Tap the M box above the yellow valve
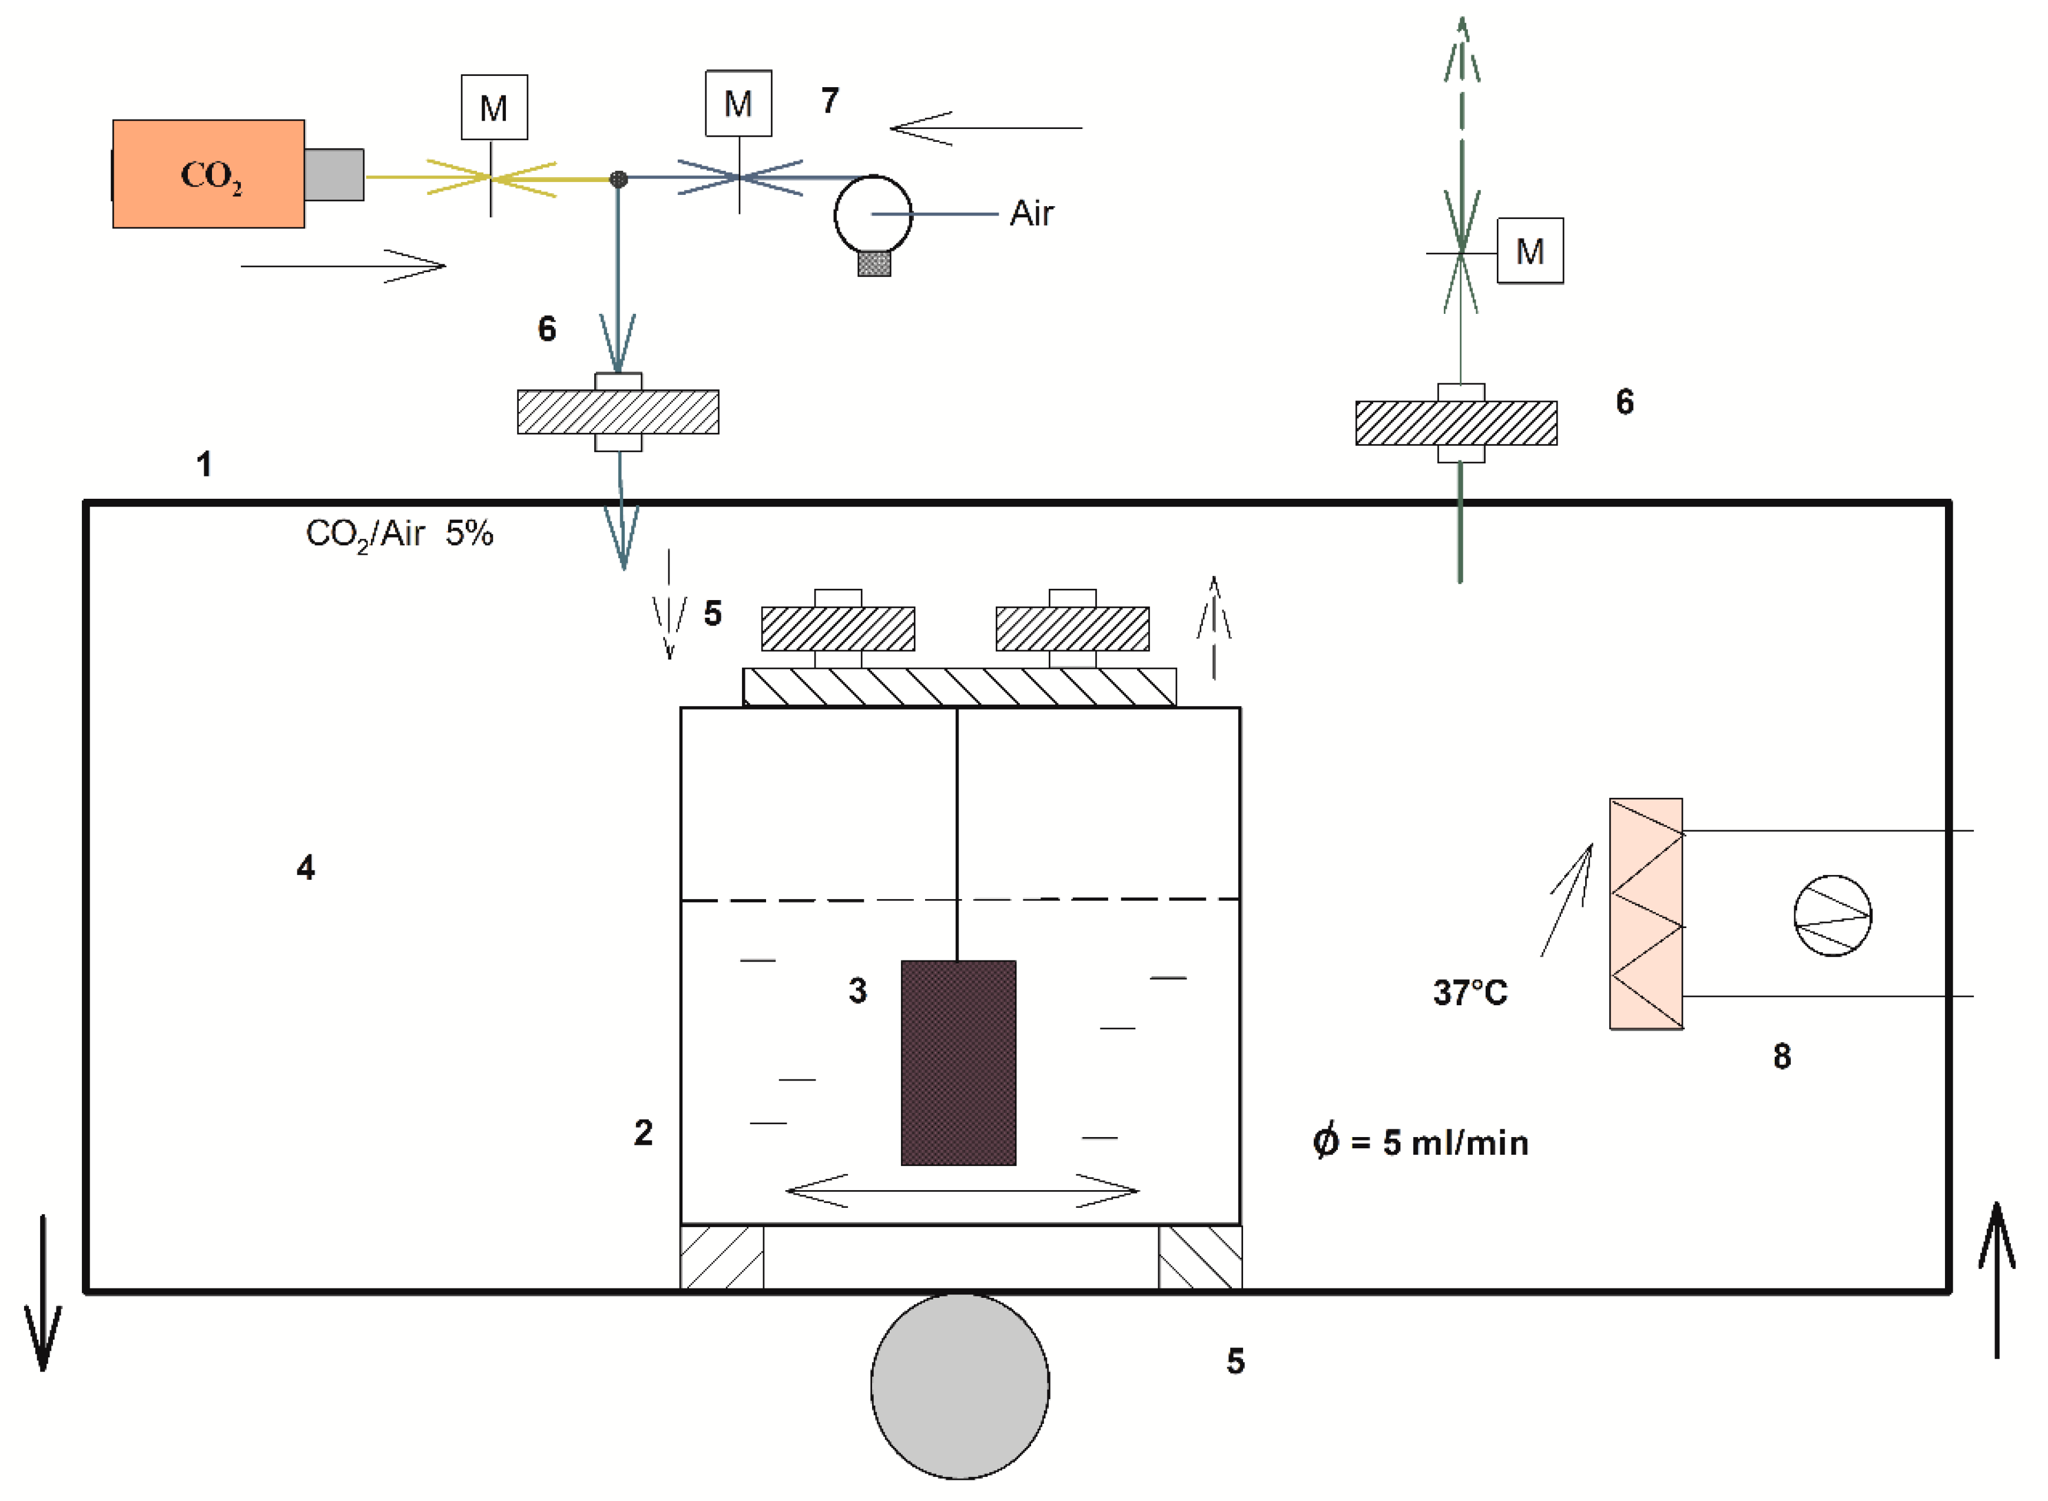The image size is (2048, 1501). point(493,107)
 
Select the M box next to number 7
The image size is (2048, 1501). point(738,104)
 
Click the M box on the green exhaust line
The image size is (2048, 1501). point(1529,251)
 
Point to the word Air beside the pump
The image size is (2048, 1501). point(1031,214)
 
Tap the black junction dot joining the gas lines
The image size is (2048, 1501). point(618,179)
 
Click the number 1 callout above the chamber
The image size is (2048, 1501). point(204,464)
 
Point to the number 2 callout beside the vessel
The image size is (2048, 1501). point(642,1132)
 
